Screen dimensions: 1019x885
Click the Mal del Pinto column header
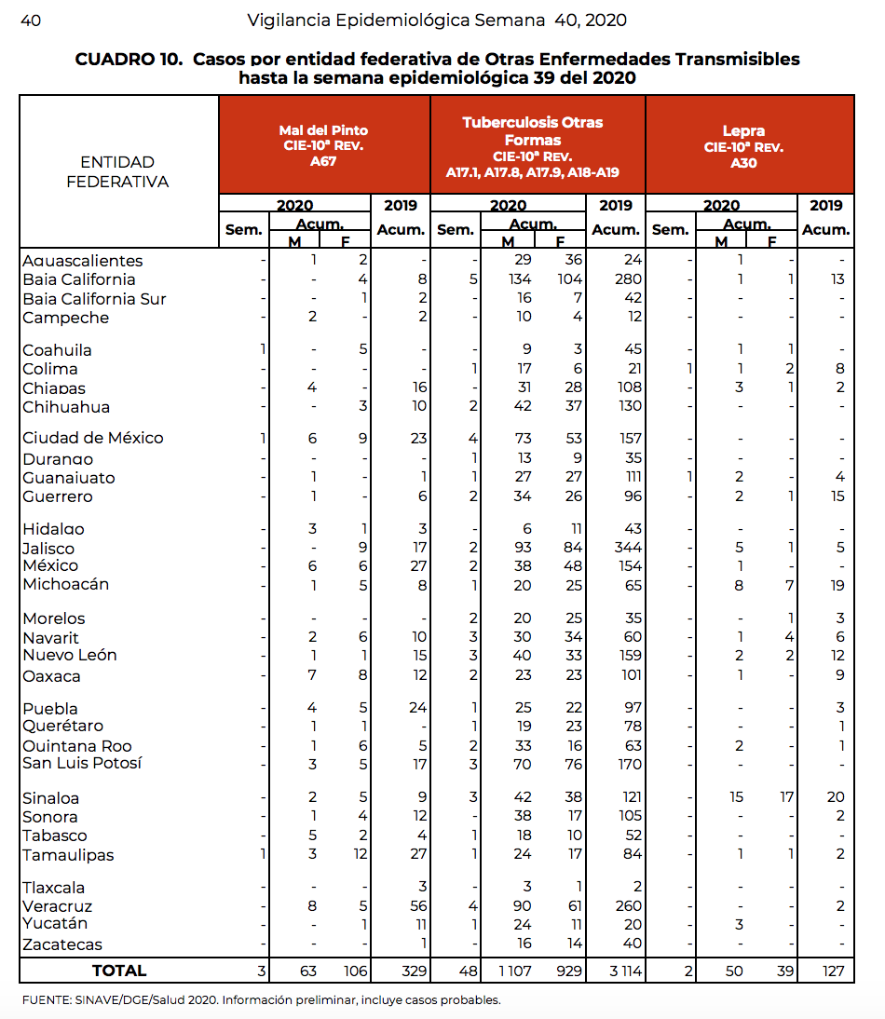[x=323, y=145]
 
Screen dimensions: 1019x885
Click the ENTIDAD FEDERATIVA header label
[x=117, y=172]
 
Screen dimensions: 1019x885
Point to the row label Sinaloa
[x=50, y=798]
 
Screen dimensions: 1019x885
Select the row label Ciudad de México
[x=92, y=438]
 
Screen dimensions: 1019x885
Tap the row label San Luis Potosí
[x=82, y=764]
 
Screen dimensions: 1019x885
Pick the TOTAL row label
[x=118, y=971]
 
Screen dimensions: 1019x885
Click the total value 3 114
[x=616, y=971]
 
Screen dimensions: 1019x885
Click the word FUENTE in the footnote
[x=46, y=1001]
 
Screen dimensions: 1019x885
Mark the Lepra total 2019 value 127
[x=832, y=971]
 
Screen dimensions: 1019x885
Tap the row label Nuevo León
[x=70, y=655]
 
